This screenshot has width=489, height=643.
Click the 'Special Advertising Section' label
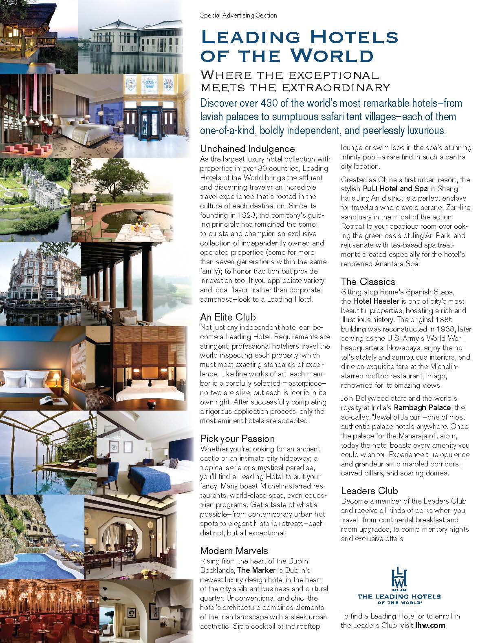[x=238, y=15]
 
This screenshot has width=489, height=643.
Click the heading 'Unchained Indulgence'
[x=247, y=148]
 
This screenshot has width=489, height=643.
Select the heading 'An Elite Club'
[x=228, y=317]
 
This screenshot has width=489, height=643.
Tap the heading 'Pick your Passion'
[x=237, y=438]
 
